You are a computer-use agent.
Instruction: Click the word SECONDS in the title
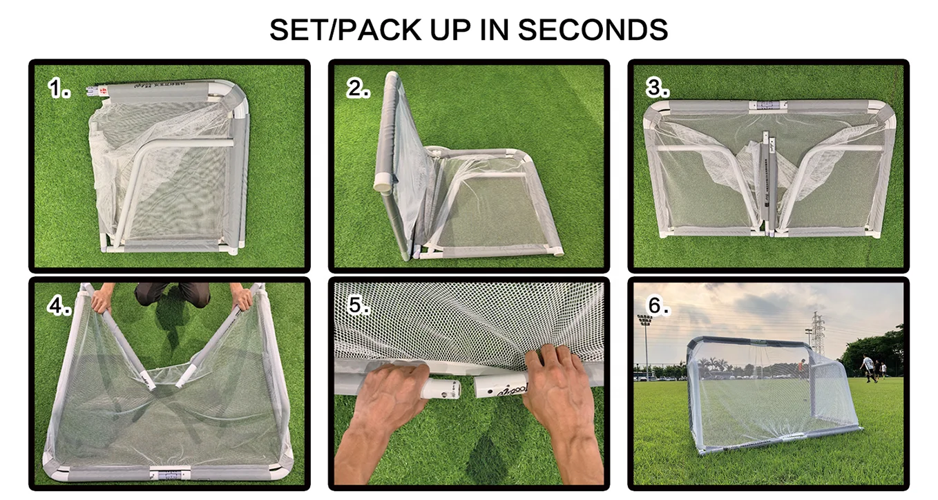pyautogui.click(x=592, y=30)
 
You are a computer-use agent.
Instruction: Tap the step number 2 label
pyautogui.click(x=358, y=88)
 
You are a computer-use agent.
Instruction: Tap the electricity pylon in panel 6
pyautogui.click(x=817, y=332)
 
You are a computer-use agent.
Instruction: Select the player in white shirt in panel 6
pyautogui.click(x=867, y=366)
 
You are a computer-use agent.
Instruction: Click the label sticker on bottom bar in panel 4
pyautogui.click(x=169, y=474)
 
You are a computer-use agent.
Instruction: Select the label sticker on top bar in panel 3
pyautogui.click(x=765, y=106)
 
